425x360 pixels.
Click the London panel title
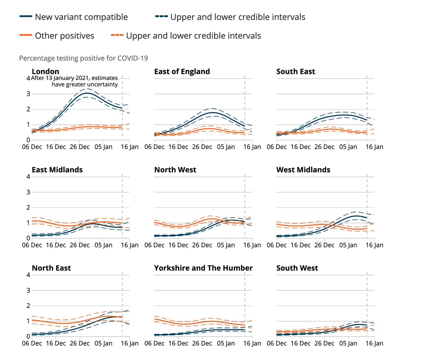45,72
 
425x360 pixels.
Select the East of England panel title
182,72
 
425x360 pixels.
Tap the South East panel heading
296,72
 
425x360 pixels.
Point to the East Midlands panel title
57,170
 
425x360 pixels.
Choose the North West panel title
175,170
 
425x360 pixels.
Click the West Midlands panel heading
303,170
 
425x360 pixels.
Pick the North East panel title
51,268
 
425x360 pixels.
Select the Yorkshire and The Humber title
203,268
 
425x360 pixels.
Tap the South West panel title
297,268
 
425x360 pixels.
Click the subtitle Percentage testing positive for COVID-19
84,58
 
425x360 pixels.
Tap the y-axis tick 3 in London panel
28,94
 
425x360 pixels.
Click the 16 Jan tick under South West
374,343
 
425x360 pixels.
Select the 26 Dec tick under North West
202,245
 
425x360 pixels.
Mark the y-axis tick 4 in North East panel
28,275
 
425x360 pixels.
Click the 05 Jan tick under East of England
226,147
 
